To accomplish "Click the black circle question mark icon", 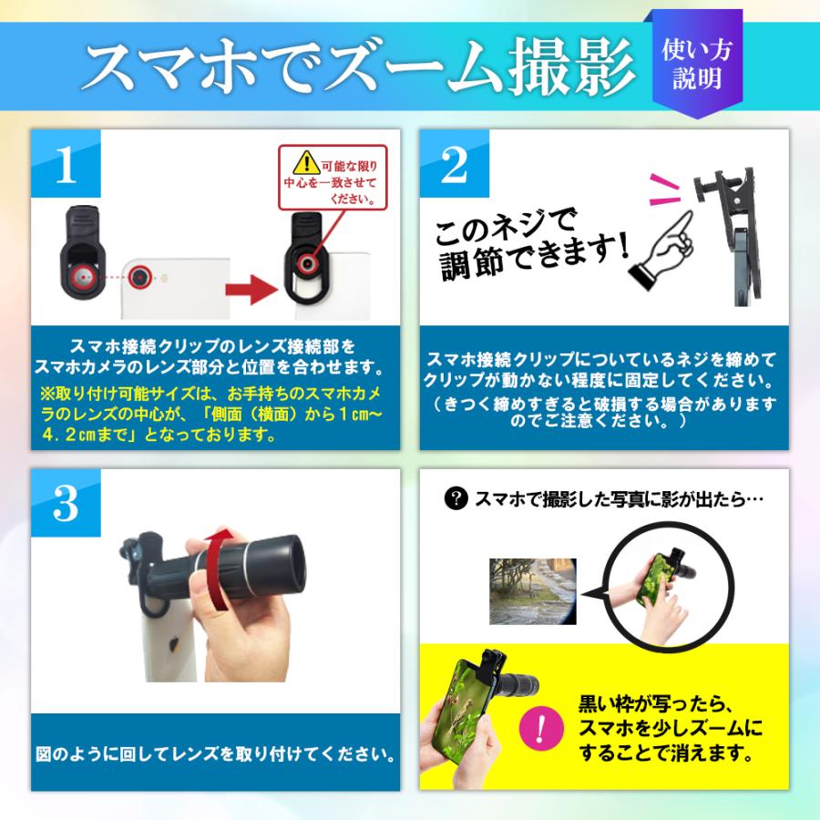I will pyautogui.click(x=455, y=498).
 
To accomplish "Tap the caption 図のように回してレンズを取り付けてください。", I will pyautogui.click(x=216, y=755).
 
